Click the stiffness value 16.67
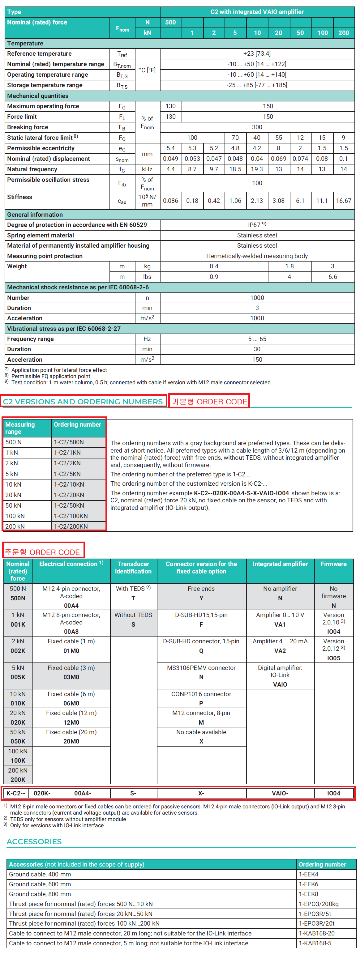(343, 201)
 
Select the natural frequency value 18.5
(235, 169)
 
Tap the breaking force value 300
(257, 127)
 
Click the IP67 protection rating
(257, 225)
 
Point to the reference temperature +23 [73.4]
(257, 54)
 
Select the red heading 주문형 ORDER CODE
(43, 552)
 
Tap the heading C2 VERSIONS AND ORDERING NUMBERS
(83, 402)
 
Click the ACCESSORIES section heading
(34, 842)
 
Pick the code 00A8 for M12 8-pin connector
(71, 632)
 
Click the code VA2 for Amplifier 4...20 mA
(280, 651)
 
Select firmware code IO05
(333, 658)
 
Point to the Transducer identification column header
(133, 567)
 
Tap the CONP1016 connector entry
(201, 694)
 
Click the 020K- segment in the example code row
(42, 793)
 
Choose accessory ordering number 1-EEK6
(309, 884)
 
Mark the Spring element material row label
(41, 236)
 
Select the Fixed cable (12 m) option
(71, 713)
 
